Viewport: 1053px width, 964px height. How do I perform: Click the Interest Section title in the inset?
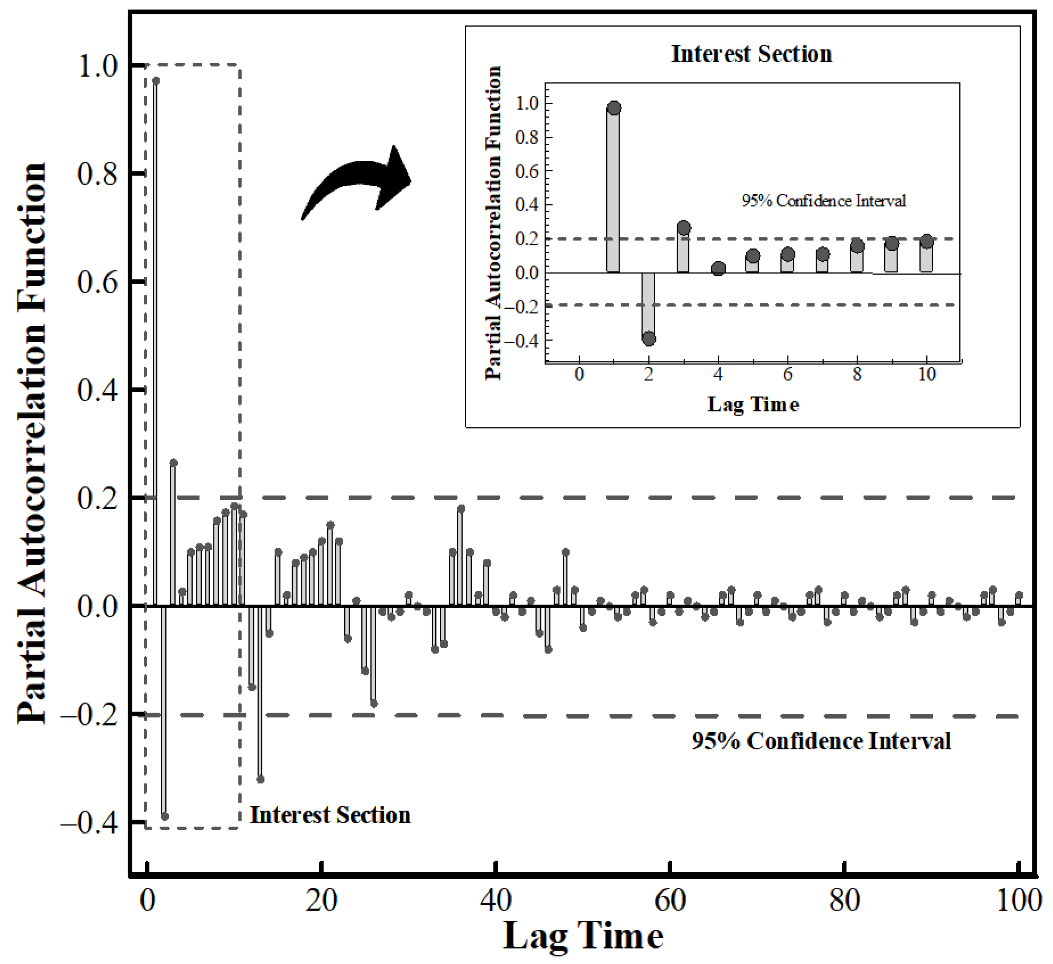[x=751, y=54]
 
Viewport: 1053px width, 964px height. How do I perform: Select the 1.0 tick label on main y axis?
[x=98, y=66]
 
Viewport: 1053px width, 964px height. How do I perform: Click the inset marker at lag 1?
[x=614, y=108]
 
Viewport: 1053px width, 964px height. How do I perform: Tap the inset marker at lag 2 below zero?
[x=649, y=339]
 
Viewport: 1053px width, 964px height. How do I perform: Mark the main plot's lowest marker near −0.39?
[x=165, y=816]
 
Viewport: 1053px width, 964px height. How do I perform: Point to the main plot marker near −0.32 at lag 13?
[x=261, y=779]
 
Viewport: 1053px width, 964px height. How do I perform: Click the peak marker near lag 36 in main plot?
[x=461, y=509]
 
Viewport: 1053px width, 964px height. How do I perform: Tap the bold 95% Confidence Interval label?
[x=821, y=741]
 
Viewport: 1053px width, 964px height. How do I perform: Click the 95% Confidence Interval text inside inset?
[x=824, y=201]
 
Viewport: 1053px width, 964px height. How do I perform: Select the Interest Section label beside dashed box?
[x=330, y=815]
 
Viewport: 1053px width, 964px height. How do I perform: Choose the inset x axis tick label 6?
[x=787, y=374]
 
